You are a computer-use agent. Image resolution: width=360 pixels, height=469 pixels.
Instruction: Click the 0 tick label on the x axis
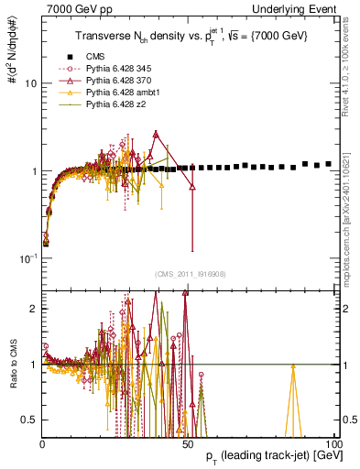coord(42,443)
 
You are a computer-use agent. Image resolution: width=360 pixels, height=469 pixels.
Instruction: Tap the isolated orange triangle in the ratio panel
coord(292,365)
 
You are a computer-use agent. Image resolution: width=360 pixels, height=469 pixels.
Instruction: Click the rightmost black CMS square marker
coord(329,164)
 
